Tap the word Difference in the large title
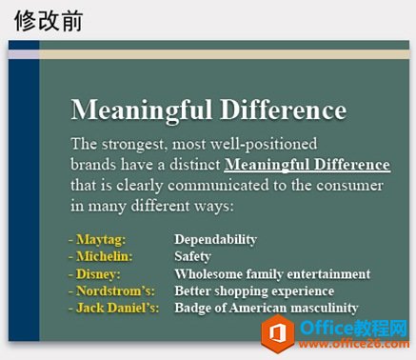point(283,110)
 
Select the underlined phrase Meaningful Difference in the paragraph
point(307,165)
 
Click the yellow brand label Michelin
point(103,256)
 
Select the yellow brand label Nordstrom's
point(111,290)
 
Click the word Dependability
point(215,239)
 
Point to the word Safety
point(192,256)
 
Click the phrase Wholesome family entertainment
point(271,273)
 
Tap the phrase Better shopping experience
point(254,290)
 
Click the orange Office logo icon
point(278,332)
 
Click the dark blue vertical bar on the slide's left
point(24,190)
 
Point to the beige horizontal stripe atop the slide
point(219,54)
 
